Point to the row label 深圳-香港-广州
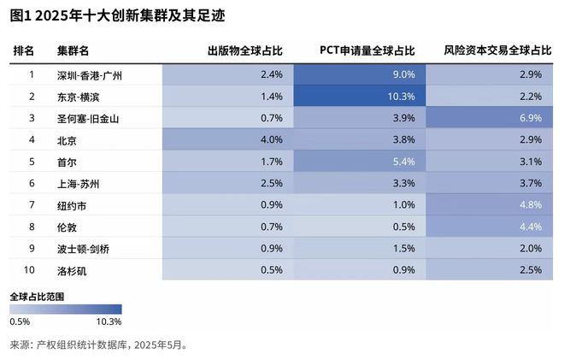(x=90, y=74)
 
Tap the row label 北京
(x=68, y=139)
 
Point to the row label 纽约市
(x=73, y=205)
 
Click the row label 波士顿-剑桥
(x=84, y=249)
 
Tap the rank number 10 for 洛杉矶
(x=32, y=270)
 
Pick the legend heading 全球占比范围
(x=38, y=295)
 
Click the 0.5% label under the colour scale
(x=21, y=322)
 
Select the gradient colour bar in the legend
(x=66, y=309)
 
